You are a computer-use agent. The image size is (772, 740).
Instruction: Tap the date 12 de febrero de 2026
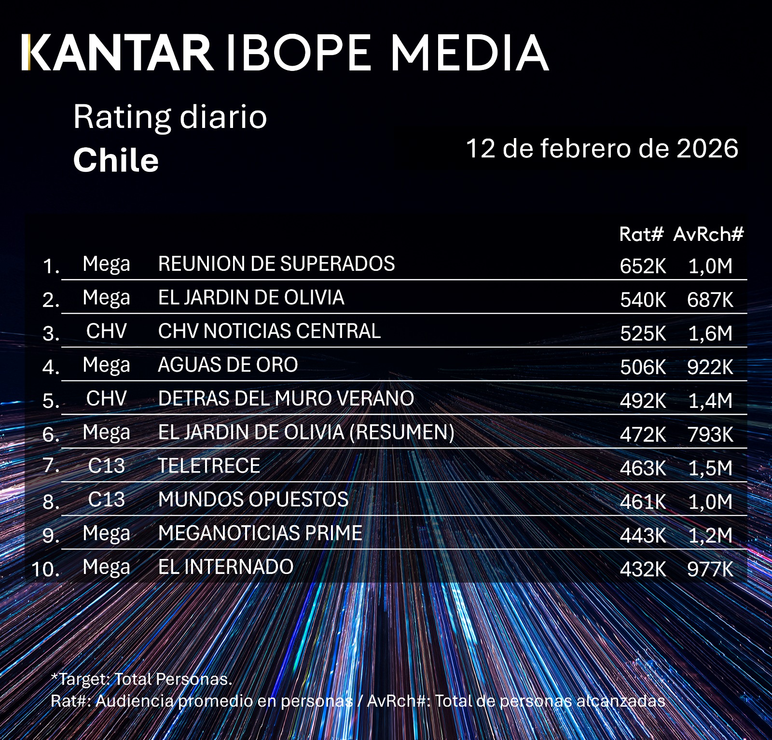[602, 148]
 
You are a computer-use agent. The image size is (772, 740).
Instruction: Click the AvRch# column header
[708, 235]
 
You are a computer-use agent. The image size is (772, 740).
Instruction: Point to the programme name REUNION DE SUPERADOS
[276, 264]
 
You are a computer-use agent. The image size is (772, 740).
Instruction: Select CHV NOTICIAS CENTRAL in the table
[269, 331]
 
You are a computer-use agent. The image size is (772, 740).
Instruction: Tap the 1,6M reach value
[710, 334]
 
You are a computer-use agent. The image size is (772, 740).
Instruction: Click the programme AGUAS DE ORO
[228, 365]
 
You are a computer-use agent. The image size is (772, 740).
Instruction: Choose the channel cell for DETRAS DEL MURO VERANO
[106, 399]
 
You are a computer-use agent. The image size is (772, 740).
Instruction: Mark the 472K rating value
[643, 435]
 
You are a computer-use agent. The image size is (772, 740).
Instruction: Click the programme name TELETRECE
[209, 466]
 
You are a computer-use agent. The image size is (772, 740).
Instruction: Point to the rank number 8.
[51, 502]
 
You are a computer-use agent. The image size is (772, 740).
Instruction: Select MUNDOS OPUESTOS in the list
[253, 500]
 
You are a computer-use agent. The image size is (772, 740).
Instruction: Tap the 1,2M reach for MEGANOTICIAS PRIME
[710, 536]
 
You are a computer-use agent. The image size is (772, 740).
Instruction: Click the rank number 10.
[46, 570]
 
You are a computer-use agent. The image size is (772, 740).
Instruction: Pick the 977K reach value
[710, 570]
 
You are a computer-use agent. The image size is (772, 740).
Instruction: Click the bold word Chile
[116, 160]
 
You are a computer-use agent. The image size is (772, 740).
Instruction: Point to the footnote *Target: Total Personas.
[141, 679]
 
